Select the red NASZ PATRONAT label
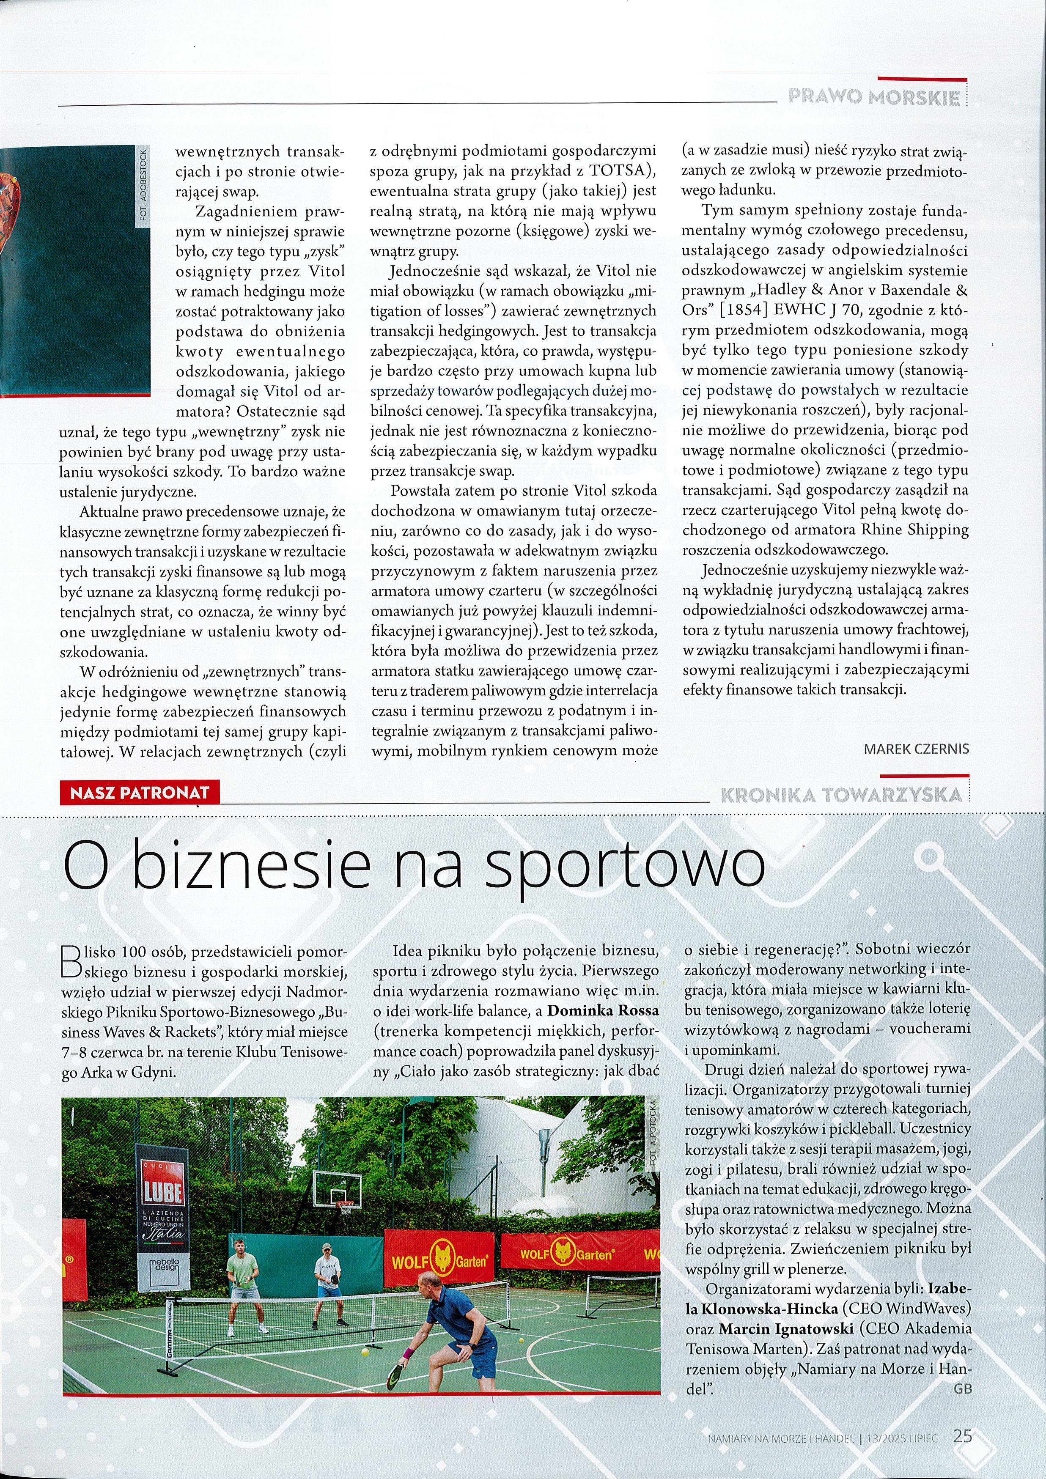140,792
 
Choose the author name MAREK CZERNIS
915,749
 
